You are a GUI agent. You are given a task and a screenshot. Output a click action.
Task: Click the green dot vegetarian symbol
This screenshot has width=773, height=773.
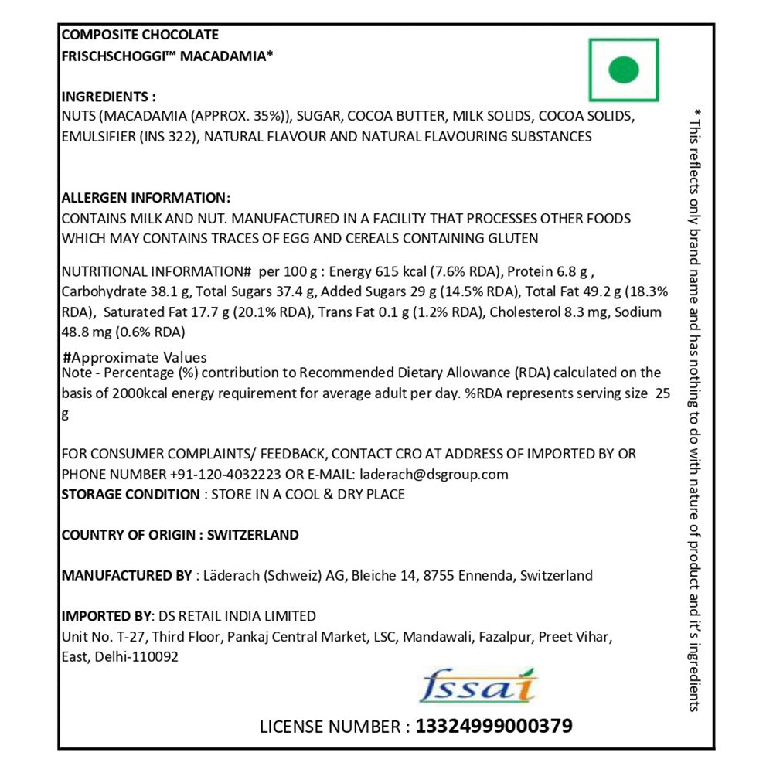coord(624,70)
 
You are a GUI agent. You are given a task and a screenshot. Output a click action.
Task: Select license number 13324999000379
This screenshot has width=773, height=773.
coord(494,726)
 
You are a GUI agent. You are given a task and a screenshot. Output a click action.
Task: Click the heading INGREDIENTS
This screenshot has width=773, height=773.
coord(108,97)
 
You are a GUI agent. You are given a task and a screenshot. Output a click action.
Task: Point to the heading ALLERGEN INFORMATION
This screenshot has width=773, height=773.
coord(145,197)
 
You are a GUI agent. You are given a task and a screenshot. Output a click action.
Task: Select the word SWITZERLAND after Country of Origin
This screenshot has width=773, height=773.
coord(254,535)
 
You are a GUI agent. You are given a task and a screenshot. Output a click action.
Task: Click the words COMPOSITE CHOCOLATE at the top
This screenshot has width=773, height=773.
coord(139,35)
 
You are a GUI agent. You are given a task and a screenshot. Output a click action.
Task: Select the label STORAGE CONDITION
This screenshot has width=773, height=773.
coord(130,494)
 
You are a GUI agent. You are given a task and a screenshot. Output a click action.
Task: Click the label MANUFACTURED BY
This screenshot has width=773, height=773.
coord(126,575)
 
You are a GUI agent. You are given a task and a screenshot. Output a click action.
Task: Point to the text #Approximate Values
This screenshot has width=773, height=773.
coord(135,357)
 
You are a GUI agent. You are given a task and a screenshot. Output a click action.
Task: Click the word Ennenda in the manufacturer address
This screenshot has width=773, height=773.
coord(484,575)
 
